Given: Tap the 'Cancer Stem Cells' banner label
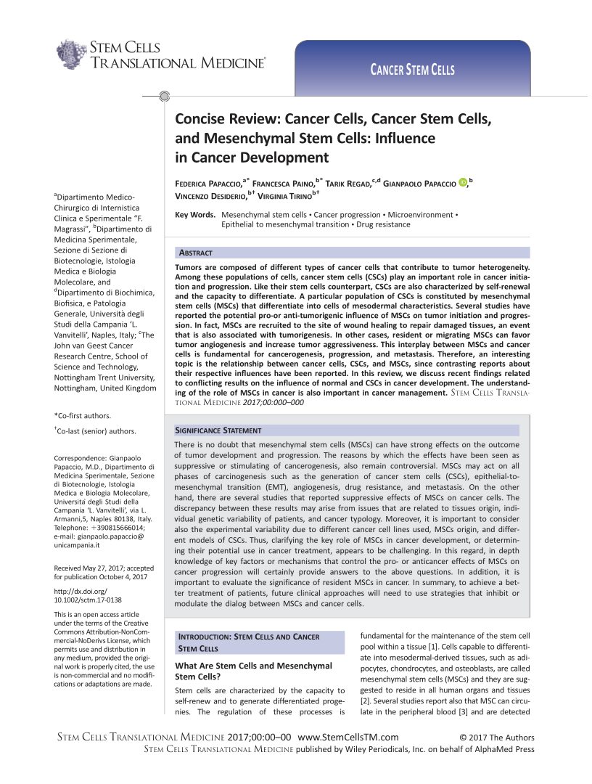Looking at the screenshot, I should [x=413, y=70].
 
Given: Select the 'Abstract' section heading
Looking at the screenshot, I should [x=195, y=253].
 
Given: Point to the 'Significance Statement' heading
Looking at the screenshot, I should [x=215, y=430].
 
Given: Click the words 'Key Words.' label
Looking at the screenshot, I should [x=195, y=215].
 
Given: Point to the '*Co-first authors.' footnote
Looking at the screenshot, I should [x=83, y=415].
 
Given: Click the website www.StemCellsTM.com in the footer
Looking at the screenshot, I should [x=348, y=738].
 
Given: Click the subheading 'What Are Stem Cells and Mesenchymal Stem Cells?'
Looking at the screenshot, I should [x=253, y=671].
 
